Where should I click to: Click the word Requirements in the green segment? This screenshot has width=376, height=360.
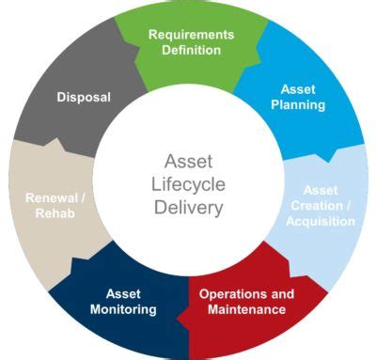click(x=191, y=34)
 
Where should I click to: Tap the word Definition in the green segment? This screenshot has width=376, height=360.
click(x=191, y=50)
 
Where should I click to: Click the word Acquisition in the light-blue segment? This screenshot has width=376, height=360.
click(x=321, y=221)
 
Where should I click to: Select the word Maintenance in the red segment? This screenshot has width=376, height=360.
click(x=245, y=309)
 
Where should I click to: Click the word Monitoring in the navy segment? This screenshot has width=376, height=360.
click(x=123, y=309)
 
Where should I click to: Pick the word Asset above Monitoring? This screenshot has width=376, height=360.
click(x=123, y=293)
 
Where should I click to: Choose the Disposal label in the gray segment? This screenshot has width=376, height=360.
click(x=84, y=96)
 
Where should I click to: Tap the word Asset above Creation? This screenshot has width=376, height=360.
click(x=321, y=190)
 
